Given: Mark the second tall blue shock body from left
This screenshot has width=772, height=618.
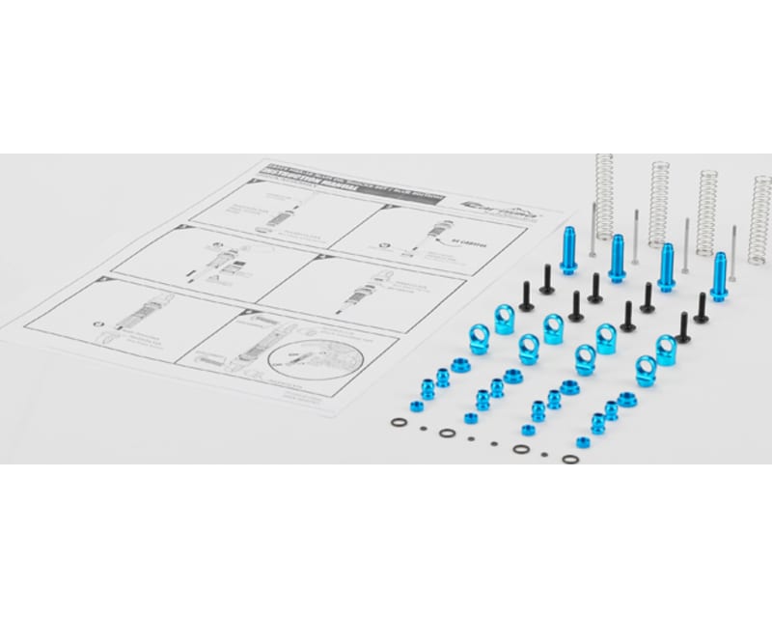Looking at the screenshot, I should click(616, 257).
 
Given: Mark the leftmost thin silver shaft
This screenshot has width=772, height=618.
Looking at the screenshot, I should click(593, 229).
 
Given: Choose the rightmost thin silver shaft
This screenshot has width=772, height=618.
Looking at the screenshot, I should click(734, 243).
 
